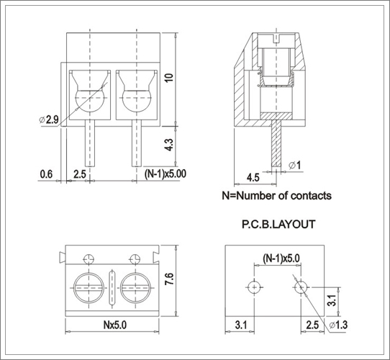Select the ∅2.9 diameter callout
(x=49, y=120)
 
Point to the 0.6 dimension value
(x=46, y=174)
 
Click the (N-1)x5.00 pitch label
(x=165, y=174)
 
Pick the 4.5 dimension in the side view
(x=253, y=178)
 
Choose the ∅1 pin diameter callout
(x=295, y=166)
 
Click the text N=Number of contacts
(x=276, y=196)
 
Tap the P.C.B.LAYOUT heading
(x=278, y=225)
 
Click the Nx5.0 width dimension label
(x=115, y=325)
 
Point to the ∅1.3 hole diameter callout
(x=338, y=325)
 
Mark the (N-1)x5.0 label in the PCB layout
(x=281, y=258)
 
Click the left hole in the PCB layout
(x=254, y=287)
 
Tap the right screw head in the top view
(x=135, y=288)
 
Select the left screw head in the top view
(x=89, y=288)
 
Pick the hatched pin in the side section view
(x=276, y=143)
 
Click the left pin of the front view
(x=90, y=143)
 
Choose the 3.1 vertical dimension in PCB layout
(x=332, y=300)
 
